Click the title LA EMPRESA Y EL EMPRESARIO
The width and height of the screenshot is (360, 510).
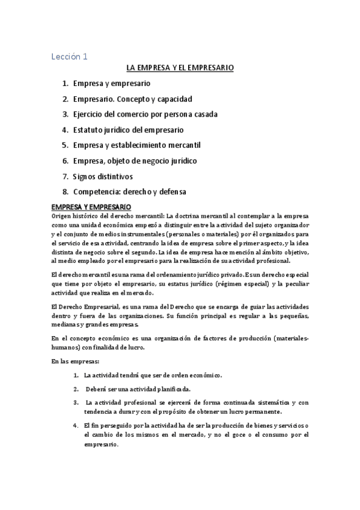[x=180, y=69]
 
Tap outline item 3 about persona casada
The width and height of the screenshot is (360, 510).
[x=145, y=114]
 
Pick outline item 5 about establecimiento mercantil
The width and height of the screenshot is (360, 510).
[x=136, y=146]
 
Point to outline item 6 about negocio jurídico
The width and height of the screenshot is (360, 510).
[x=135, y=161]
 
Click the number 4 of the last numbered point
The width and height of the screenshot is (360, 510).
[x=76, y=425]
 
